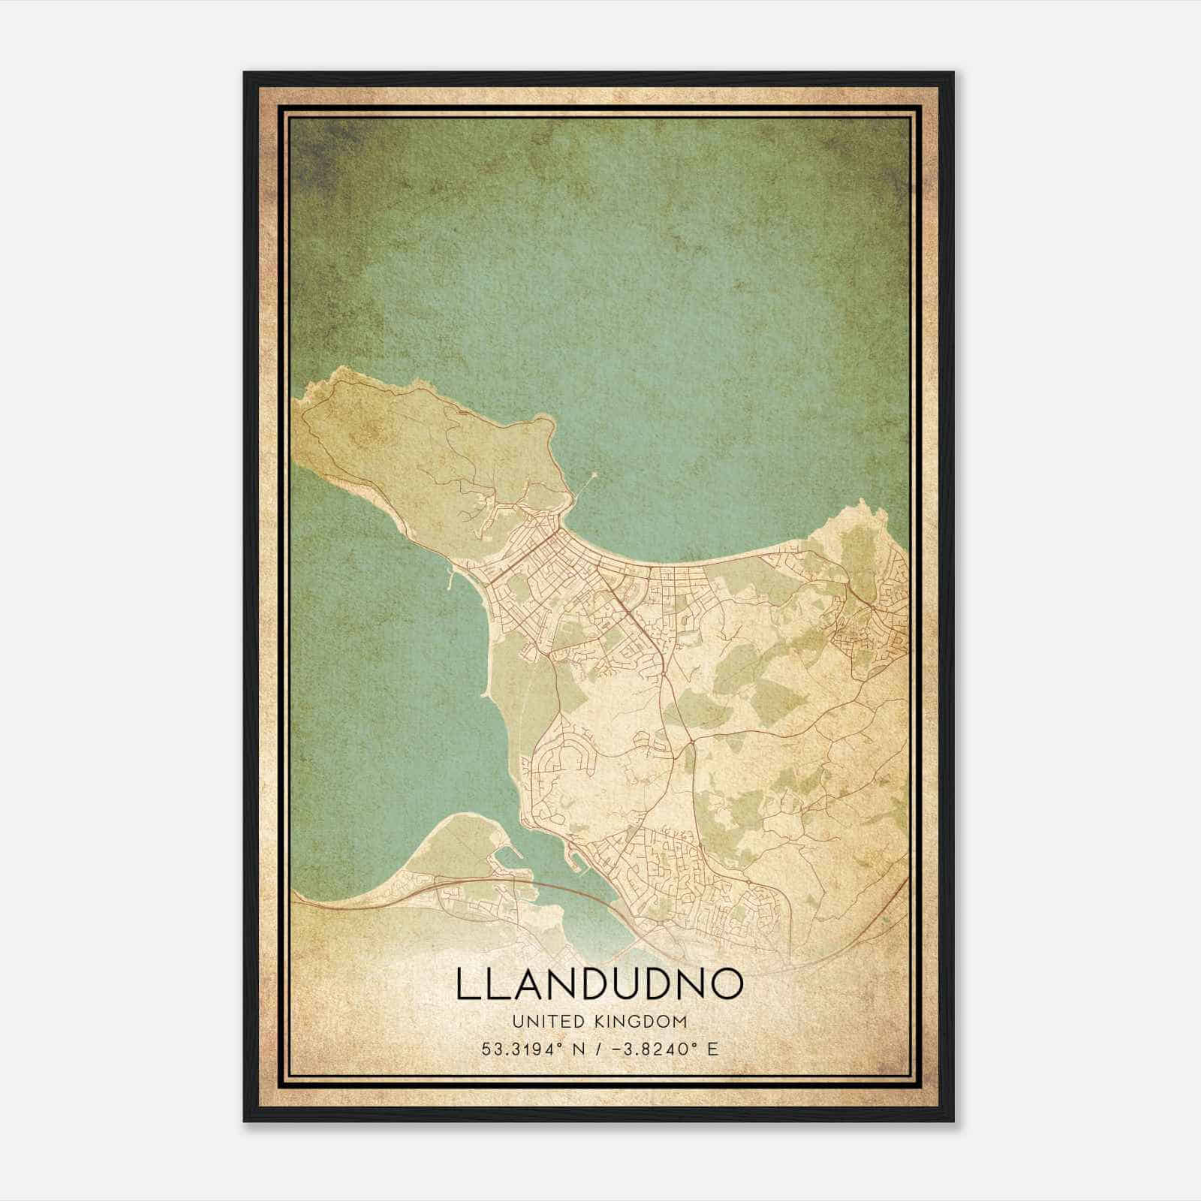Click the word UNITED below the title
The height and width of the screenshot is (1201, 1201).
542,1022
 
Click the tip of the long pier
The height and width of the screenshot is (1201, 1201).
595,473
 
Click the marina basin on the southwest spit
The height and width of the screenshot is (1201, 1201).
501,860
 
